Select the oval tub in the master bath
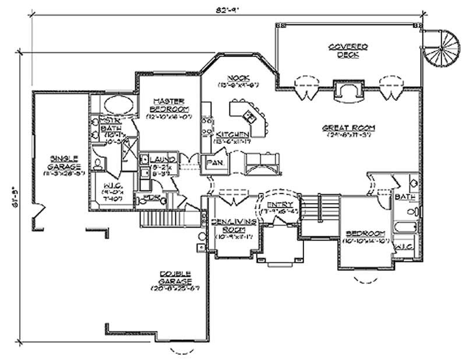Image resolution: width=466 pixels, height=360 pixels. click(x=118, y=107)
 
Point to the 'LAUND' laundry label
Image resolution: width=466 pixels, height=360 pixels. click(x=159, y=159)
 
